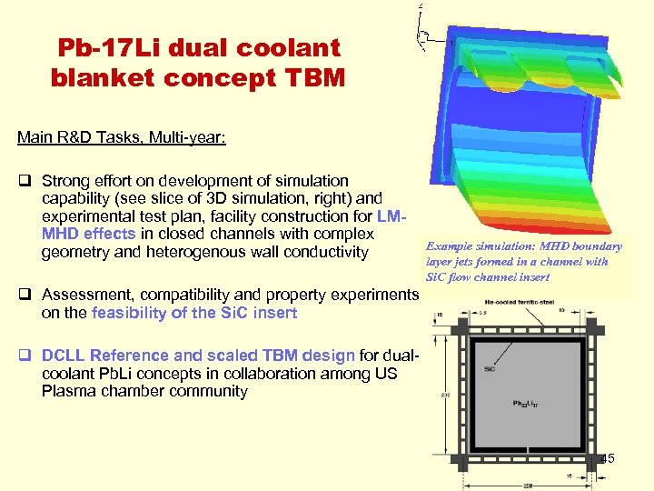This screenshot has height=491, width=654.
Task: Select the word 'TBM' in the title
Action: tap(312, 78)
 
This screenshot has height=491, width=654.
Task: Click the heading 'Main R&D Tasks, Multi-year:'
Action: tap(121, 137)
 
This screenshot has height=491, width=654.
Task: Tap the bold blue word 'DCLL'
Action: tap(63, 356)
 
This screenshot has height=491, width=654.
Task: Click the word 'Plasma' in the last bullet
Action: tap(67, 391)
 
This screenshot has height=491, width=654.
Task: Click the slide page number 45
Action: tap(607, 458)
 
